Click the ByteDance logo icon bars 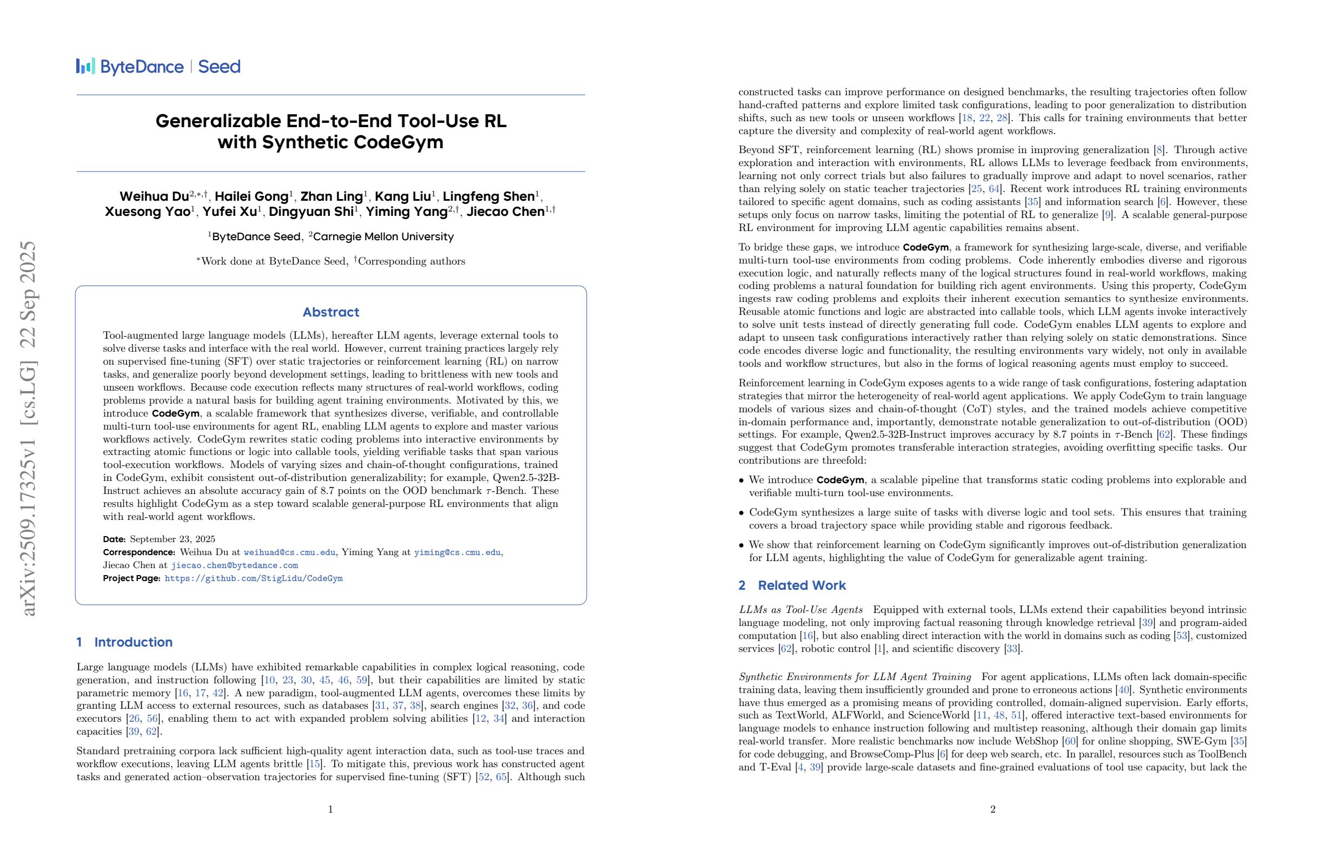pos(85,66)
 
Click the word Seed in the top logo pos(219,67)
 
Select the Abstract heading pos(330,312)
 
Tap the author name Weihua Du pos(154,196)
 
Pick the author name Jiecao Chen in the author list pos(505,212)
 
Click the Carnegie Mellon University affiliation pos(383,237)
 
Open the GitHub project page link pos(254,578)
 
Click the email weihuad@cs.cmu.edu pos(289,552)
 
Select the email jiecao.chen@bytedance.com pos(234,565)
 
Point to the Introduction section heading pos(133,642)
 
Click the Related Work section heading pos(801,585)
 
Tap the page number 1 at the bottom pos(330,809)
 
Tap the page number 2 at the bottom pos(992,809)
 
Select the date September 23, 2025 pos(172,539)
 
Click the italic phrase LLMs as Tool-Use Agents pos(800,610)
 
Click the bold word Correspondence pos(138,552)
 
